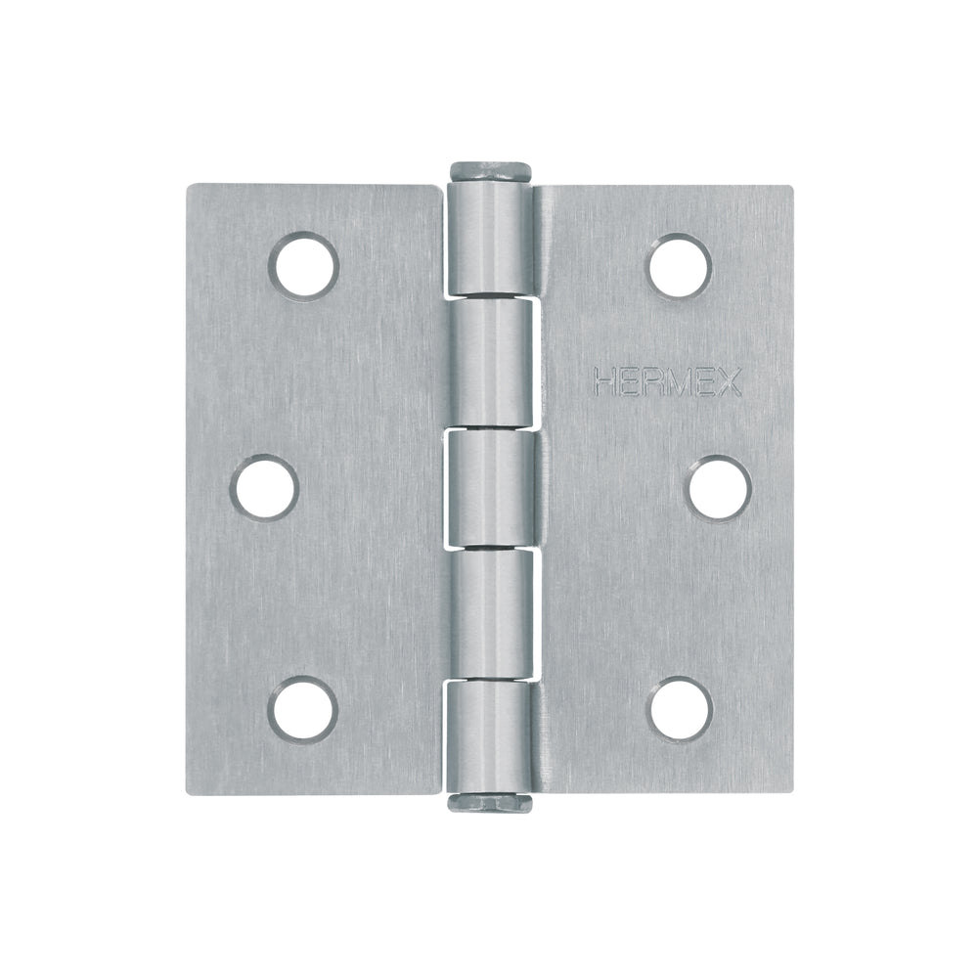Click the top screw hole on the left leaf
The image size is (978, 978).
tap(304, 264)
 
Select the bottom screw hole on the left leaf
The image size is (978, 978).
tap(303, 709)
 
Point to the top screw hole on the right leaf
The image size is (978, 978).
tap(680, 265)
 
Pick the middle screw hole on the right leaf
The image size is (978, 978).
tap(720, 488)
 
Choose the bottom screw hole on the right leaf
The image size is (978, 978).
tap(681, 710)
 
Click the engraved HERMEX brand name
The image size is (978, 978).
tap(667, 381)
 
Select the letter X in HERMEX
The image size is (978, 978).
tap(730, 381)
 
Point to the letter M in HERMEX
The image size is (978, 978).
tap(678, 381)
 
